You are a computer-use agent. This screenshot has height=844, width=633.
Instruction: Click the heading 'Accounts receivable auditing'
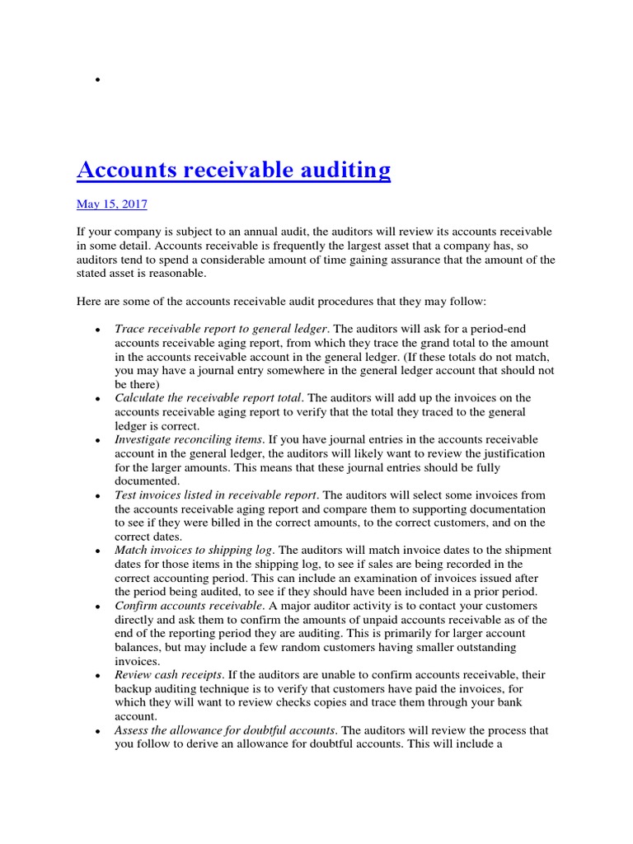click(x=233, y=170)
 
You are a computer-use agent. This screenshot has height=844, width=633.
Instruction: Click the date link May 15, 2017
click(x=112, y=204)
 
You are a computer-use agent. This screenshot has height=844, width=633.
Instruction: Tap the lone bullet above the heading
click(x=97, y=80)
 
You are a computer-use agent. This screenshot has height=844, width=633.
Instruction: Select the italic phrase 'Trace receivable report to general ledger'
click(x=221, y=328)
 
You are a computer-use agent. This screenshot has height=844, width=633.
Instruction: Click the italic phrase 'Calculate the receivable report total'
click(x=209, y=397)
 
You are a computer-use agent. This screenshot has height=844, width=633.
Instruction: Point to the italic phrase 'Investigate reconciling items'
click(x=189, y=440)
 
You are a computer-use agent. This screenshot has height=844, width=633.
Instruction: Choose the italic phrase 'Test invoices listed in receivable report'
click(x=216, y=495)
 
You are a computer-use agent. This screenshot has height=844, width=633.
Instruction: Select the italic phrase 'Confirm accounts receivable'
click(x=189, y=606)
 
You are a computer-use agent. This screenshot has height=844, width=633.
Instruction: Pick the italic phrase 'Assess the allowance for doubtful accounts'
click(x=225, y=730)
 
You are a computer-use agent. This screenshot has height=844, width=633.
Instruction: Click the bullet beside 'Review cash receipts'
click(x=97, y=676)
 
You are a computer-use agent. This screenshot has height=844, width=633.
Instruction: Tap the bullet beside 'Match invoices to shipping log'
click(x=97, y=551)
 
